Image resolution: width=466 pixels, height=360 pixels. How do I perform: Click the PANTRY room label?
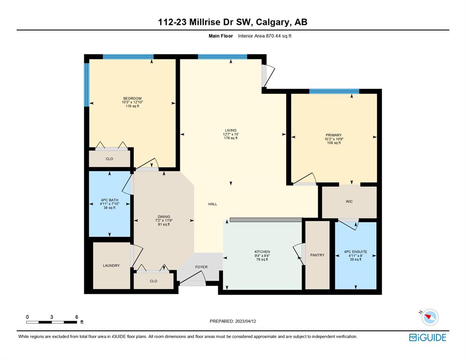pyautogui.click(x=317, y=255)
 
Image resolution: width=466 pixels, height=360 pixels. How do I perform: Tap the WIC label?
pyautogui.click(x=349, y=201)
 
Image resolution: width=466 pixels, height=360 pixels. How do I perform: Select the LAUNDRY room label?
pyautogui.click(x=111, y=266)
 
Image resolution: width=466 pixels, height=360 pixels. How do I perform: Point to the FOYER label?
pyautogui.click(x=201, y=267)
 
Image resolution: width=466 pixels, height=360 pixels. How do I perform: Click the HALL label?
pyautogui.click(x=213, y=204)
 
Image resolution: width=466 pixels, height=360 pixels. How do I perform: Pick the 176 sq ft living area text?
pyautogui.click(x=230, y=138)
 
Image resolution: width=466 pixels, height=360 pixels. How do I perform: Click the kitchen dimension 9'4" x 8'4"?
pyautogui.click(x=262, y=256)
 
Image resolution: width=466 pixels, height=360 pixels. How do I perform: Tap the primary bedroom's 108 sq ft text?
pyautogui.click(x=334, y=143)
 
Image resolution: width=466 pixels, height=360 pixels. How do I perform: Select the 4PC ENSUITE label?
pyautogui.click(x=355, y=252)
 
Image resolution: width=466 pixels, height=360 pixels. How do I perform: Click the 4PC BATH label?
pyautogui.click(x=109, y=200)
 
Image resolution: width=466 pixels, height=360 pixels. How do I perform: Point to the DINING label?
pyautogui.click(x=164, y=217)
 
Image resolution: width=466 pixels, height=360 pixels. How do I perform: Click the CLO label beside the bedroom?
pyautogui.click(x=109, y=159)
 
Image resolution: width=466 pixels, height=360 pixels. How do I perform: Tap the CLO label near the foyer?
pyautogui.click(x=153, y=281)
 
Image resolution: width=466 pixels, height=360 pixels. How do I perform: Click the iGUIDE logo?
pyautogui.click(x=428, y=337)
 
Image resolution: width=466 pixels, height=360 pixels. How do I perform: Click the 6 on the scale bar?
pyautogui.click(x=76, y=317)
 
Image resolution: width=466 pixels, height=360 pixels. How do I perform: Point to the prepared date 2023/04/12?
pyautogui.click(x=245, y=322)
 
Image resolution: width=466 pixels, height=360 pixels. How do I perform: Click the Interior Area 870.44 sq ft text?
pyautogui.click(x=265, y=36)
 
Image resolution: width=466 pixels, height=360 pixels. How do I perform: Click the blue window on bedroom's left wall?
pyautogui.click(x=86, y=85)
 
